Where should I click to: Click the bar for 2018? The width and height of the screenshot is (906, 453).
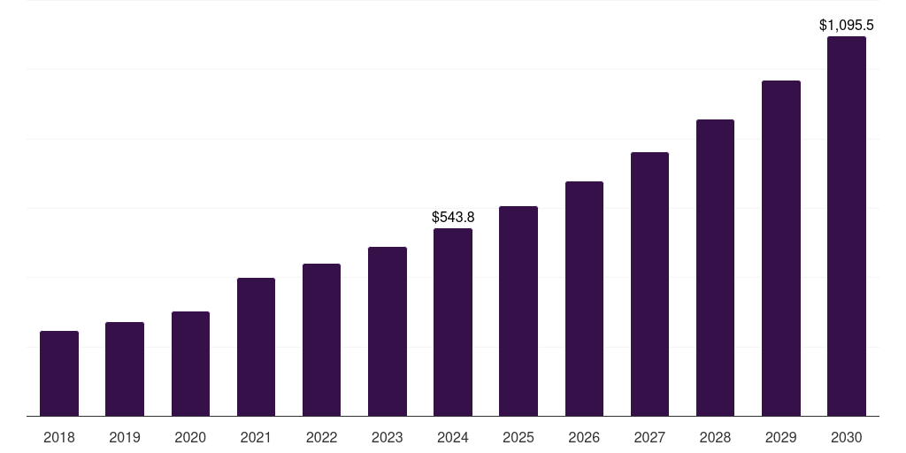point(59,373)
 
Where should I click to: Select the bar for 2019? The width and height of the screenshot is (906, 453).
point(125,369)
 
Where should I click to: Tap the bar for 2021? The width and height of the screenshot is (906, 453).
point(256,347)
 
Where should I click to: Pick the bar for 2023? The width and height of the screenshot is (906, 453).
point(388,332)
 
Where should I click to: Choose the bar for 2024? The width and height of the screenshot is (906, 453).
point(453,322)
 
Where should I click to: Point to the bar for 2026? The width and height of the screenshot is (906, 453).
point(584,299)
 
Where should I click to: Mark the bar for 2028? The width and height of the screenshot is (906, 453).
point(715,268)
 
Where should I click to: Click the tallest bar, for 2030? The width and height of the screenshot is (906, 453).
point(846,226)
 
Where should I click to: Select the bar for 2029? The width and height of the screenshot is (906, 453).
point(780,249)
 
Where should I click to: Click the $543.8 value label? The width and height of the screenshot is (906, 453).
point(453,217)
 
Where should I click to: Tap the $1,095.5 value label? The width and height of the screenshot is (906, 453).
point(847,26)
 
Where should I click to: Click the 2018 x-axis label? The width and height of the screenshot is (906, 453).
point(59,437)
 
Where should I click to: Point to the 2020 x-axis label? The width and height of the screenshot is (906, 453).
point(190,437)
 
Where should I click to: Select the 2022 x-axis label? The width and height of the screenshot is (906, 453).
point(321,437)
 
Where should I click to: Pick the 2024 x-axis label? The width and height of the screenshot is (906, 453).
point(453,437)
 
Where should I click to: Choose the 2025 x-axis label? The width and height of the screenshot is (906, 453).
point(518,437)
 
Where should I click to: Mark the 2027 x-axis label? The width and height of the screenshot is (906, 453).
point(649,437)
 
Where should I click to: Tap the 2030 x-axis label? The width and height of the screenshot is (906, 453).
point(846,437)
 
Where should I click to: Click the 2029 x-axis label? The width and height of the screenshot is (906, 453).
point(780,437)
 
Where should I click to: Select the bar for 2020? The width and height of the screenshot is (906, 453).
point(190,364)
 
